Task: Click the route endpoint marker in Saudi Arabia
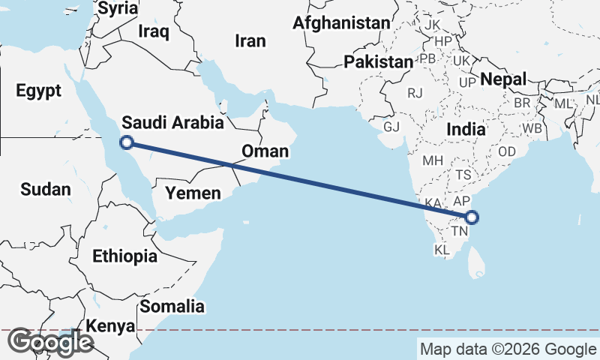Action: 127,142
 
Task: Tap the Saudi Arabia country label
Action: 172,123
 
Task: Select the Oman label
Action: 265,151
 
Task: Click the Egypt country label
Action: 37,91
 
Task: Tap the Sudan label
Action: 45,190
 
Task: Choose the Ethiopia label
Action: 124,256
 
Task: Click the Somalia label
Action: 172,306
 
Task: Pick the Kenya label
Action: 110,326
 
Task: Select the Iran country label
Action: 250,41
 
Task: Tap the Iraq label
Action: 154,31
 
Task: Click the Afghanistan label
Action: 341,23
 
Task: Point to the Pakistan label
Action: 379,61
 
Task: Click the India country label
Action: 466,129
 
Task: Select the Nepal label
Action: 503,79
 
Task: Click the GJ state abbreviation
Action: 391,126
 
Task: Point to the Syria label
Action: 118,8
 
